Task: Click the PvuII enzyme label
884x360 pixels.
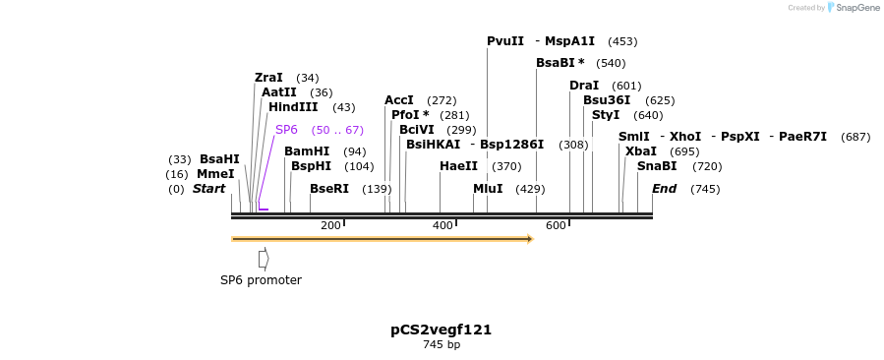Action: point(504,41)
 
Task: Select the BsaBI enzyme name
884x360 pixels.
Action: point(560,63)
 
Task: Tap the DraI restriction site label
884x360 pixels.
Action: point(584,86)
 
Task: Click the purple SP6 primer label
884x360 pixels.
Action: point(286,130)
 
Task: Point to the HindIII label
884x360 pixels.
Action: point(293,107)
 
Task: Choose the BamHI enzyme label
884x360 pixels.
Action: point(307,151)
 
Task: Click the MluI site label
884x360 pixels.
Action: point(488,189)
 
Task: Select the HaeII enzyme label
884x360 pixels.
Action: point(458,166)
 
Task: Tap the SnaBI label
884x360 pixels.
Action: point(657,166)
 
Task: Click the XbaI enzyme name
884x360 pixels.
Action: point(640,151)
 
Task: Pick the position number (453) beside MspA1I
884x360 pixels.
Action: point(622,41)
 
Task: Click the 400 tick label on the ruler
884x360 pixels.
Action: point(443,226)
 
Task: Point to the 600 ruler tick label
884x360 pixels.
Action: point(556,226)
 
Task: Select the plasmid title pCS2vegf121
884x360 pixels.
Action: point(441,330)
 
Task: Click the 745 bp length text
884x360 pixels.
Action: point(442,345)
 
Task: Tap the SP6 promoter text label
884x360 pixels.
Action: point(261,280)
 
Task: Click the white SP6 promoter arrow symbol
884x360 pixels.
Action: point(264,258)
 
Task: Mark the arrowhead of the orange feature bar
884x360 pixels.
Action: point(529,239)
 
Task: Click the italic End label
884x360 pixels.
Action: point(665,189)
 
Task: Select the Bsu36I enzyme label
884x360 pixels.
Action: point(607,100)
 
